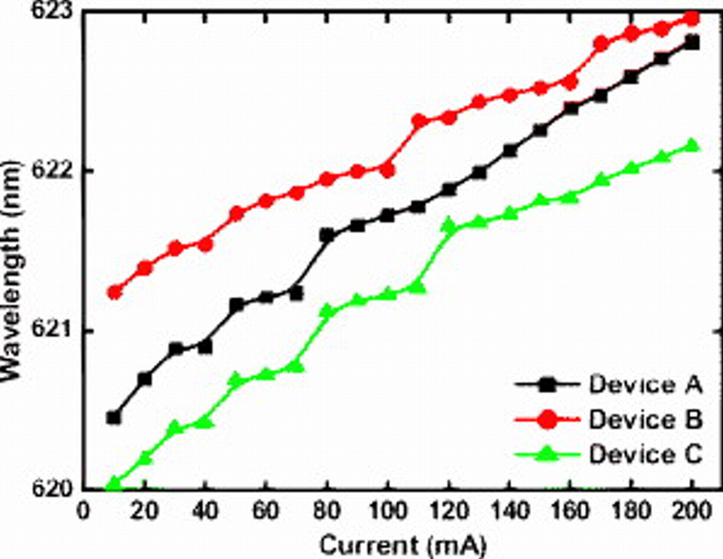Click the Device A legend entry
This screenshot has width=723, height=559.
coord(645,385)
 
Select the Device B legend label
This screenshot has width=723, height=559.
coord(645,420)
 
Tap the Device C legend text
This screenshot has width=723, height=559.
coord(645,454)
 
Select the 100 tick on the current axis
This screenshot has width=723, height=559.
coord(387,512)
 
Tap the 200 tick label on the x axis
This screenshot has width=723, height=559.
coord(691,512)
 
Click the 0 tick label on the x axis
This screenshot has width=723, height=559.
coord(84,512)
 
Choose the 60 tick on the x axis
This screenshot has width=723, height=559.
coord(265,512)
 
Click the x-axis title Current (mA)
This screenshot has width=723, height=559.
coord(402,545)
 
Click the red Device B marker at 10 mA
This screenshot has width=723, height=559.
coord(115,292)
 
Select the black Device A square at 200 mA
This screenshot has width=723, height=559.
coord(692,43)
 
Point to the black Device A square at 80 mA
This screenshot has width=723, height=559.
coord(327,236)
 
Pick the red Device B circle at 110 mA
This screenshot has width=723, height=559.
coord(419,121)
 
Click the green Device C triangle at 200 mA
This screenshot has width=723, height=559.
coord(692,146)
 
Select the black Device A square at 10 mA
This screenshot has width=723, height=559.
coord(114,418)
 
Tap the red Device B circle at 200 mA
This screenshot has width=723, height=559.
coord(692,19)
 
